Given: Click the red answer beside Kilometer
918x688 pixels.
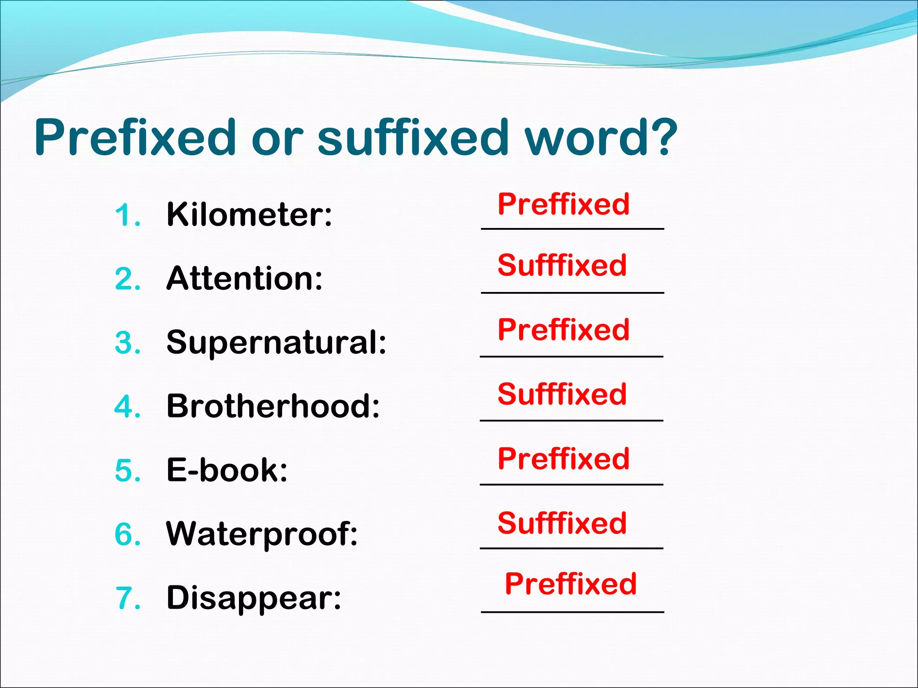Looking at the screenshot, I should tap(563, 205).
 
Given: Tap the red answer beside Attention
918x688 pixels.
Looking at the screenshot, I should tap(562, 265).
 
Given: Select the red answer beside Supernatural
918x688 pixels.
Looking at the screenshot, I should tap(563, 330).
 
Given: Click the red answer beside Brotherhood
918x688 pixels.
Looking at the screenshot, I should tap(562, 394).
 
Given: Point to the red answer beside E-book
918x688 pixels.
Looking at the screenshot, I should tap(563, 459).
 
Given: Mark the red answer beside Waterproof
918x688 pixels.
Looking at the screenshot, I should tap(562, 523).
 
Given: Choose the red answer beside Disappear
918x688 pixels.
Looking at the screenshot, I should tap(571, 584).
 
